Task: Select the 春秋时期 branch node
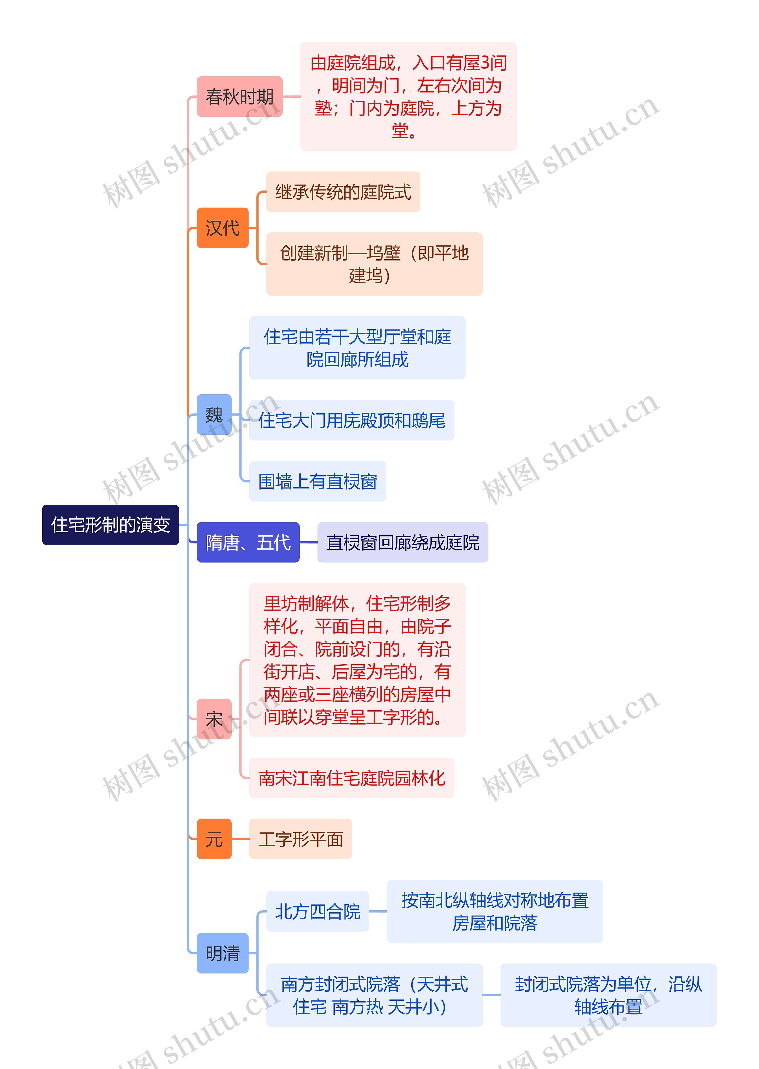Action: (x=239, y=96)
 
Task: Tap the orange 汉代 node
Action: (x=222, y=228)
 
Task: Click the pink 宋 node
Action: (x=214, y=719)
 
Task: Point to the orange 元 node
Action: (x=214, y=839)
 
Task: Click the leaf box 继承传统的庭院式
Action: (x=343, y=192)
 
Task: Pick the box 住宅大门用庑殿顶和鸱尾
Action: (x=351, y=420)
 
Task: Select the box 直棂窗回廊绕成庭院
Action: (x=402, y=542)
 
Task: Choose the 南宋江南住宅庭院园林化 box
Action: (x=351, y=778)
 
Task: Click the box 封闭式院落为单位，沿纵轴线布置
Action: (x=608, y=995)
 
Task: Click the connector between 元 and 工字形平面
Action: (x=240, y=839)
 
